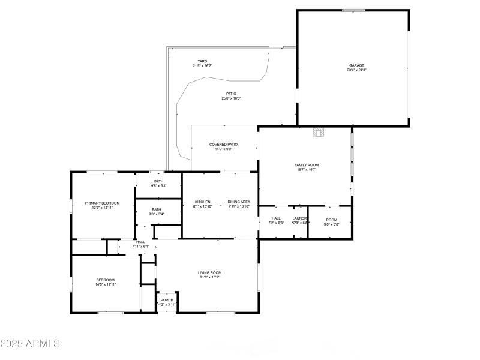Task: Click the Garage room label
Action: [x=357, y=65]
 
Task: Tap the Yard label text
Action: [x=202, y=61]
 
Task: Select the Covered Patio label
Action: [x=224, y=144]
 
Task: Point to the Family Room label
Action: [x=306, y=165]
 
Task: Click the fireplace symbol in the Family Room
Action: [x=318, y=133]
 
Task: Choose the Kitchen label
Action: [x=202, y=202]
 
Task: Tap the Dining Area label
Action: [x=239, y=202]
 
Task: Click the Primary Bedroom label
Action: [x=102, y=203]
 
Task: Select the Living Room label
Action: [x=210, y=272]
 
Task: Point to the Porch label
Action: [x=167, y=300]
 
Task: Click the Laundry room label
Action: [x=301, y=218]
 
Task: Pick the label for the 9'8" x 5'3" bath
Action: [x=158, y=181]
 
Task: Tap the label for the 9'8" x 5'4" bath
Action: [x=157, y=209]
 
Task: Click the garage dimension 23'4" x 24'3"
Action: [x=356, y=70]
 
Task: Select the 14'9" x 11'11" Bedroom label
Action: [x=106, y=280]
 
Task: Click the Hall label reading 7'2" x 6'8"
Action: [x=276, y=218]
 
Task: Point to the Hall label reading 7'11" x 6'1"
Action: [x=140, y=242]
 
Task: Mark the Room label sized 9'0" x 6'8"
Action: [x=332, y=220]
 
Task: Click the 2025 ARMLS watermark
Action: [x=30, y=344]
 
